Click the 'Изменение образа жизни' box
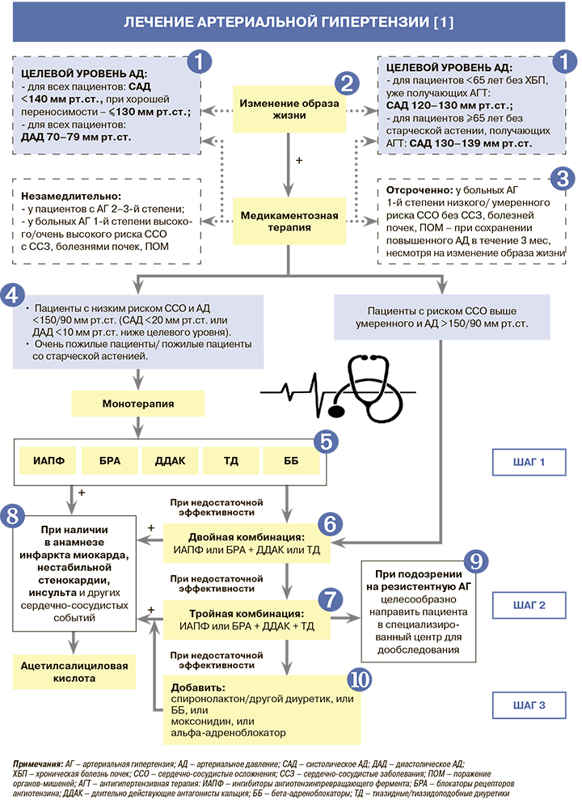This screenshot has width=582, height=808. pyautogui.click(x=289, y=108)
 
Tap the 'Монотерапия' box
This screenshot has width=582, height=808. pyautogui.click(x=138, y=402)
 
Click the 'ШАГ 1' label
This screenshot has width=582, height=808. pyautogui.click(x=529, y=463)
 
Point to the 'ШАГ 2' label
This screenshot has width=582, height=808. pyautogui.click(x=529, y=603)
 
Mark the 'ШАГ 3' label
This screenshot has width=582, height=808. pyautogui.click(x=529, y=705)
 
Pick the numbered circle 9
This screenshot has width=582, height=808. pyautogui.click(x=476, y=561)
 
